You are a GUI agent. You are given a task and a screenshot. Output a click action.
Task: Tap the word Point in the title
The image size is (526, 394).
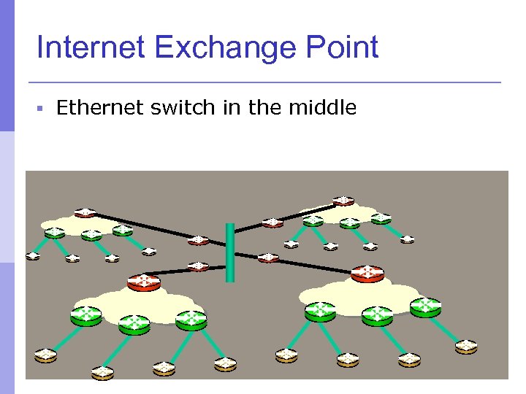(x=343, y=48)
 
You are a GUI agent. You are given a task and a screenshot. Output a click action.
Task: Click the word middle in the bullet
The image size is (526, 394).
(x=322, y=109)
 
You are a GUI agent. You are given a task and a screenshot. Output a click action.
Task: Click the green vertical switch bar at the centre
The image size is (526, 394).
(x=230, y=252)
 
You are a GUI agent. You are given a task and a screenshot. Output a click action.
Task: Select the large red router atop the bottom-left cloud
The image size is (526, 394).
(x=143, y=282)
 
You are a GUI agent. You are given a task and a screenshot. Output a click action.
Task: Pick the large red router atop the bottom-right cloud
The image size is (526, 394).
(x=367, y=274)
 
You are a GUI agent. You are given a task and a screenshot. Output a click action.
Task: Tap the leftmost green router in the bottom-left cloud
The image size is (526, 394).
(x=86, y=315)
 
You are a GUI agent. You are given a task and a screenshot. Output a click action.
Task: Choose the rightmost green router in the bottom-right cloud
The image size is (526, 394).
(x=425, y=306)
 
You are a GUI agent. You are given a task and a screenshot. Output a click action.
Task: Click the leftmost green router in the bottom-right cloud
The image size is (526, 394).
(x=319, y=311)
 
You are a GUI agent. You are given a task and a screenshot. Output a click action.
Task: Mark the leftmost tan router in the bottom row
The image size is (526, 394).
(x=45, y=355)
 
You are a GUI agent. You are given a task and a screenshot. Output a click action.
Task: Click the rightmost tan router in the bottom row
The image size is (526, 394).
(x=466, y=345)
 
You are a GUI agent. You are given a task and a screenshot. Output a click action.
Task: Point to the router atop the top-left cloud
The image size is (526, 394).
(x=85, y=212)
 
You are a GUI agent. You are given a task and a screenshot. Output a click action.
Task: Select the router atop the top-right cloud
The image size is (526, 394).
(x=343, y=199)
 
